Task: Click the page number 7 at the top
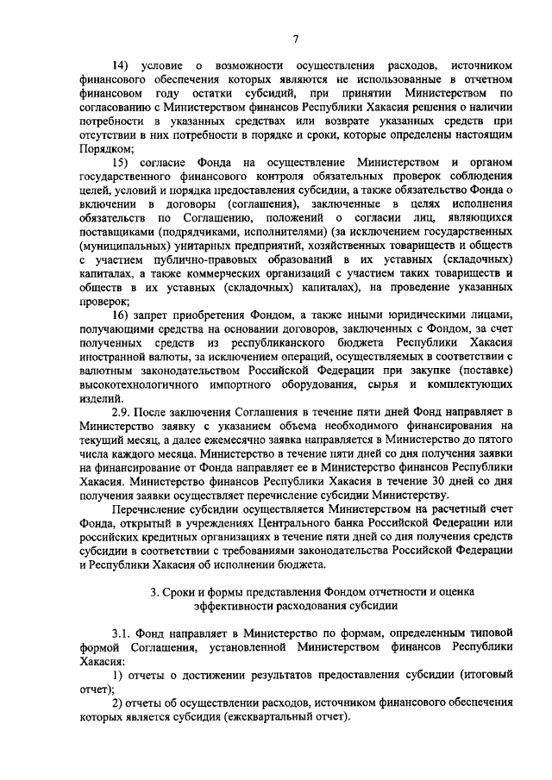295,38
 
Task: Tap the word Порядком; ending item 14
110,148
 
